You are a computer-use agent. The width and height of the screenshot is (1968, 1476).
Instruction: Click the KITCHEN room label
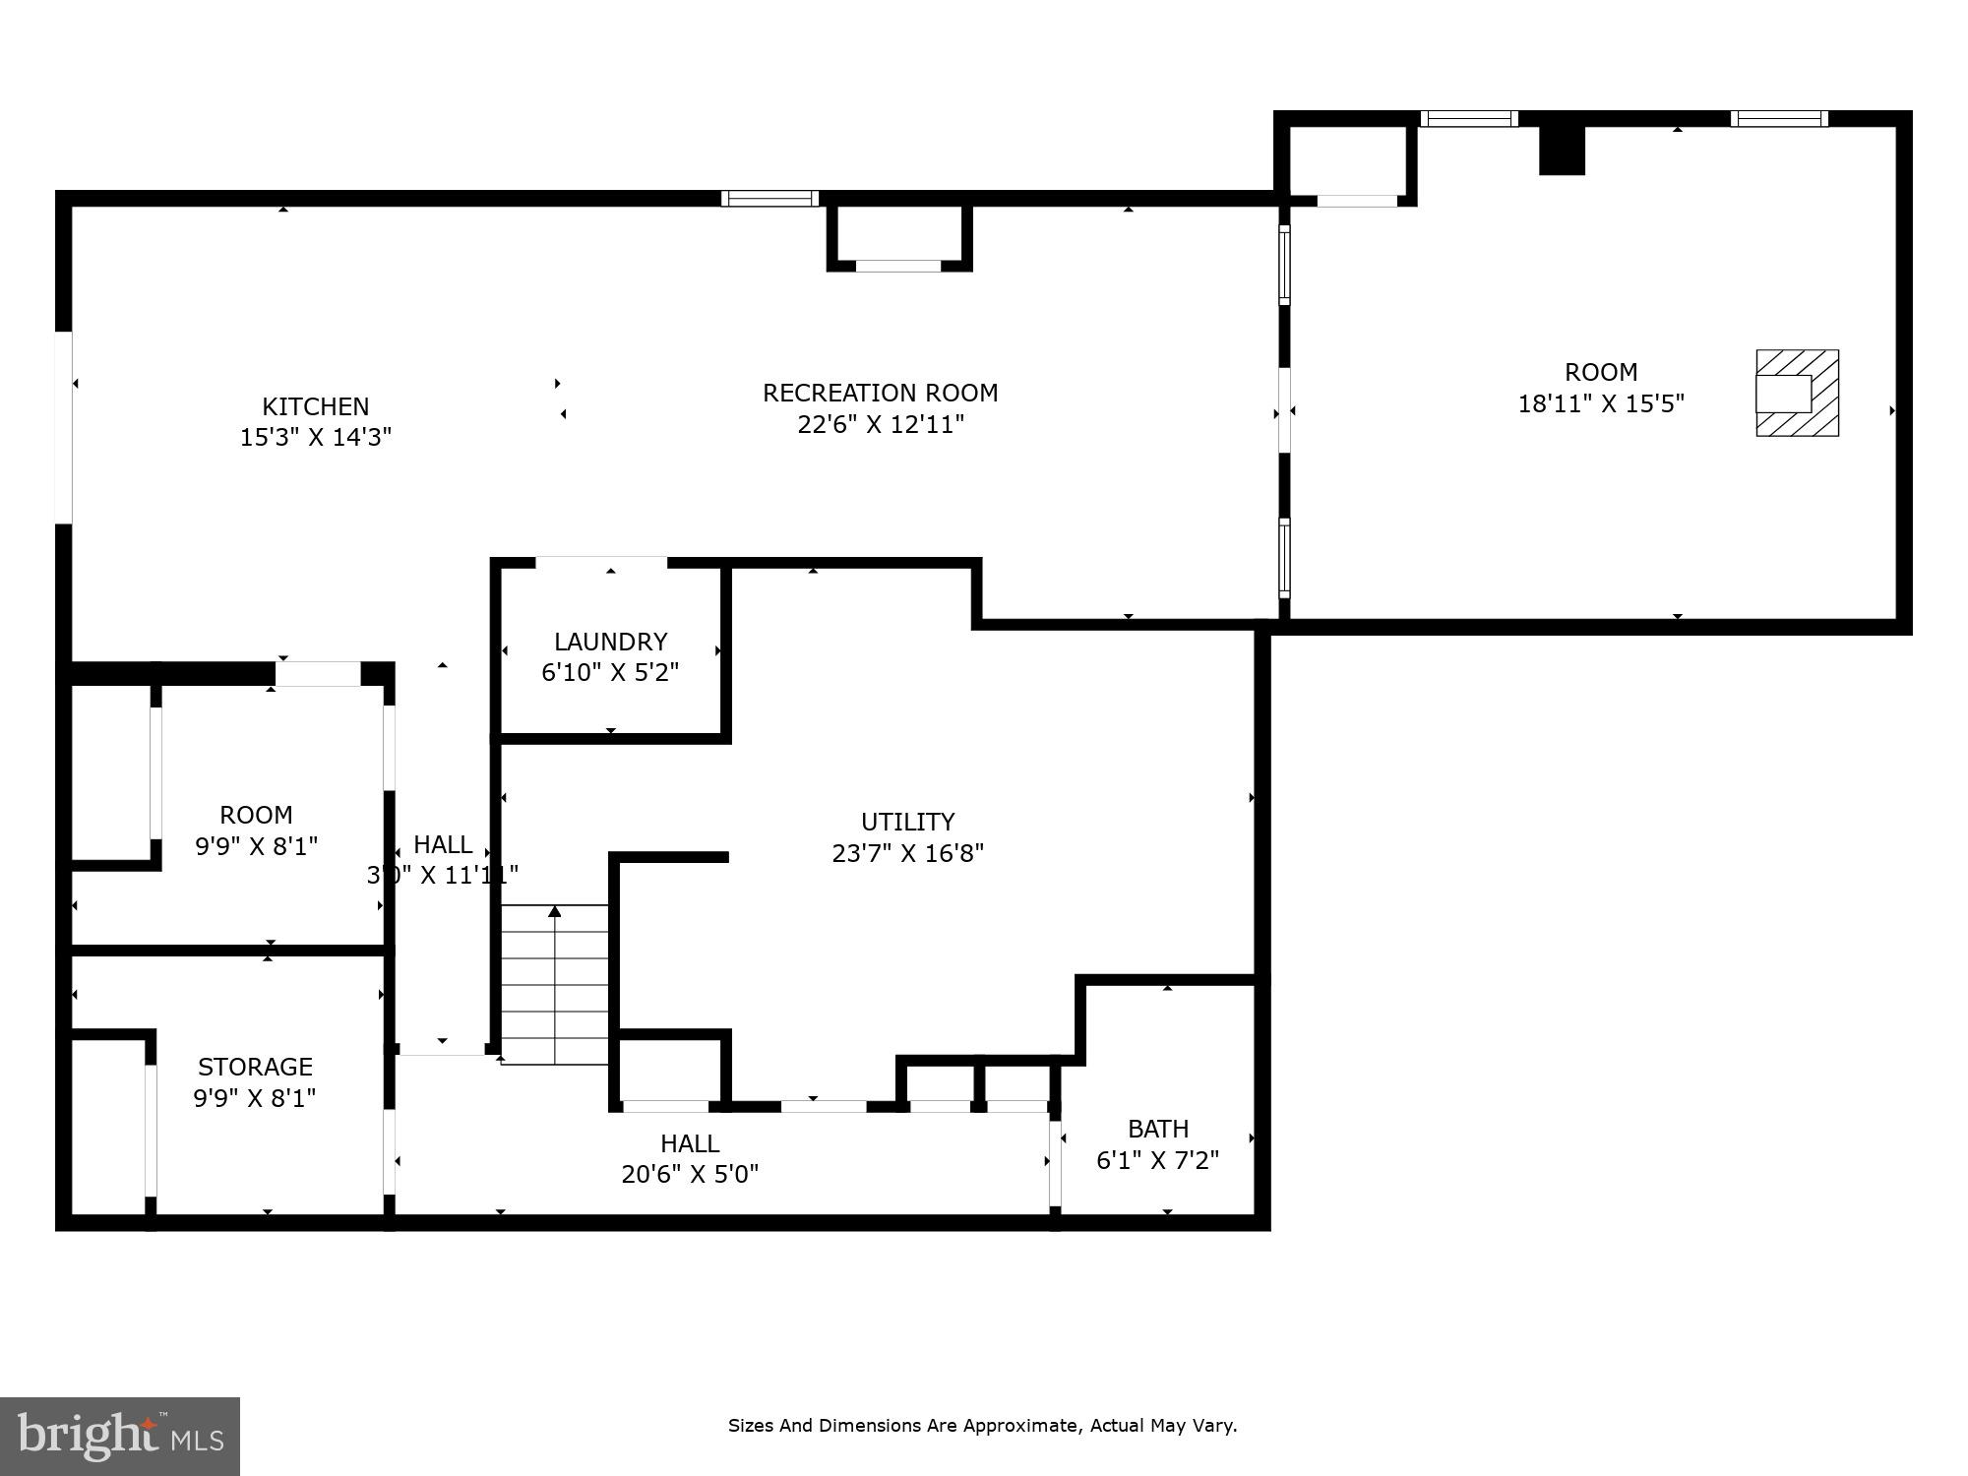click(315, 406)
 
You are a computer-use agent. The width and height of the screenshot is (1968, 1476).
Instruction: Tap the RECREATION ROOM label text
click(880, 393)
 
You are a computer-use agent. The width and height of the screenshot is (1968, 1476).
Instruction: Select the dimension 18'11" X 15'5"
click(1601, 403)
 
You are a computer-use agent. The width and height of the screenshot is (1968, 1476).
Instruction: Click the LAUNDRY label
click(610, 642)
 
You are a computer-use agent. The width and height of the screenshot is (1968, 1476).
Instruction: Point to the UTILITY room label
click(907, 822)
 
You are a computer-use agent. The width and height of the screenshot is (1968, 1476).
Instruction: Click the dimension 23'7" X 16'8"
click(907, 853)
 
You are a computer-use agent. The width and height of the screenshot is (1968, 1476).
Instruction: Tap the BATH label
click(1158, 1129)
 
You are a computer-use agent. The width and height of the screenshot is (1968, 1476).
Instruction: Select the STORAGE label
click(255, 1067)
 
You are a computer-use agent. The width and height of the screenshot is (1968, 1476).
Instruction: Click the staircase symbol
click(555, 984)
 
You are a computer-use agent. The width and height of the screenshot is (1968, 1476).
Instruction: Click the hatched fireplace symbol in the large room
click(1797, 393)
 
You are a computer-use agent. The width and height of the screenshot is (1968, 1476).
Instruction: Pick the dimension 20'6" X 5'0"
click(690, 1174)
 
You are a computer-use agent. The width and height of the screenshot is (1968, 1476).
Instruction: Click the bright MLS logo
click(119, 1437)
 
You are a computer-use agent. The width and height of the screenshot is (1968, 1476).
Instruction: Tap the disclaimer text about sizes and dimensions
click(982, 1425)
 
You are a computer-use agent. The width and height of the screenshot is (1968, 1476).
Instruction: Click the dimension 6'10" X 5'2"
click(610, 673)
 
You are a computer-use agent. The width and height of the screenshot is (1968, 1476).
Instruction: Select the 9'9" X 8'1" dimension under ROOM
click(256, 846)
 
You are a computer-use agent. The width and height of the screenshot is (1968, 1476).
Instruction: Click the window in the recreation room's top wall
click(769, 198)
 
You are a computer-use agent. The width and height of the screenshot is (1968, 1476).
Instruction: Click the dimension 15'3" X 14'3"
click(315, 437)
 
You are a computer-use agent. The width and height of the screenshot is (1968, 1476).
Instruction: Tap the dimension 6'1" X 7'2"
click(1157, 1160)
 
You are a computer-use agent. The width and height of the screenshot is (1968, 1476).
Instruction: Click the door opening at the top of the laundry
click(601, 562)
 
